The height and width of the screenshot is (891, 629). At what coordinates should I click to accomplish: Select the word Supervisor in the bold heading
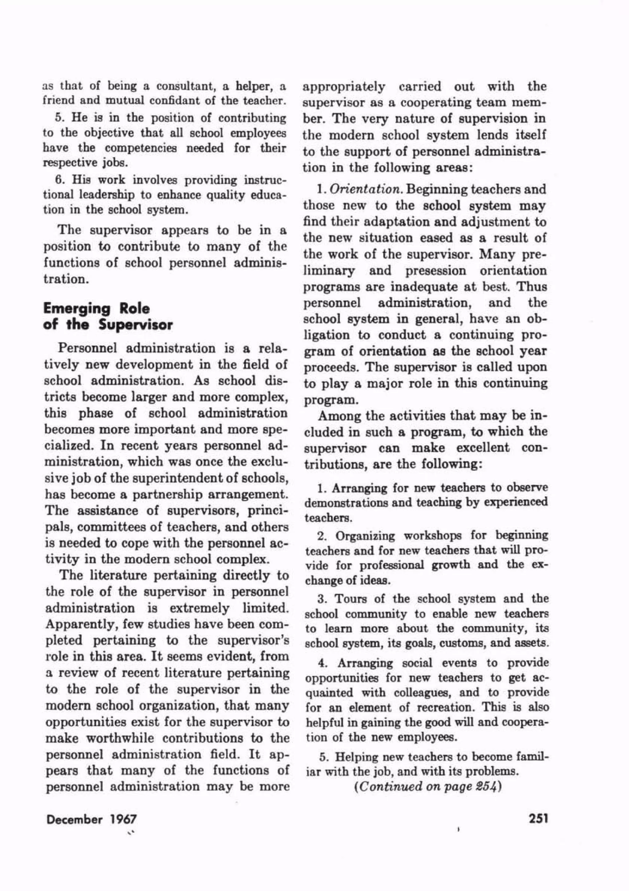tap(135, 325)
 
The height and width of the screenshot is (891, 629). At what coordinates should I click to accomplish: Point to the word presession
tap(436, 271)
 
